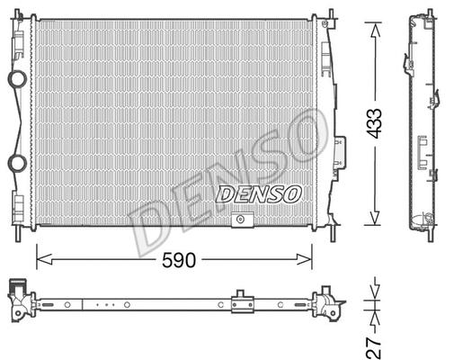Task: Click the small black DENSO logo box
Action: pyautogui.click(x=259, y=192)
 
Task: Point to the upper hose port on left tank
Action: pyautogui.click(x=15, y=78)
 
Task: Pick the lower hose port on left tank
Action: pyautogui.click(x=15, y=162)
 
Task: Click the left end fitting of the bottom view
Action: pyautogui.click(x=20, y=300)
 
